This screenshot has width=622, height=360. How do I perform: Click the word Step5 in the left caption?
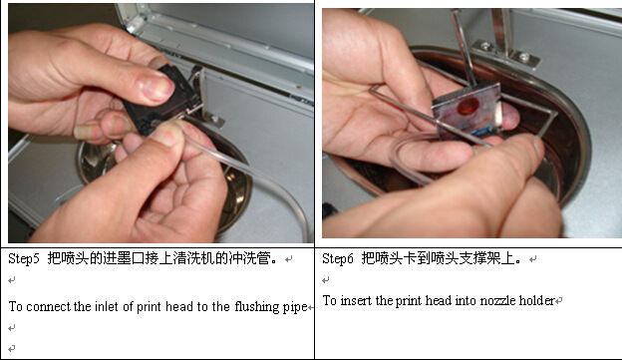tap(24, 259)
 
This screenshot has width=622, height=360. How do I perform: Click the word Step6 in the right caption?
tap(338, 259)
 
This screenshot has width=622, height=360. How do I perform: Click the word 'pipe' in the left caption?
tap(295, 307)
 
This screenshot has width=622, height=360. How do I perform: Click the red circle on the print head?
tap(468, 107)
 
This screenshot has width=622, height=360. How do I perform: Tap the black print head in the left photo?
tap(162, 101)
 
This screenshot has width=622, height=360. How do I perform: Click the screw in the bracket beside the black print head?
tap(214, 119)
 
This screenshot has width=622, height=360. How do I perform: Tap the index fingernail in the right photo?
tap(538, 146)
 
